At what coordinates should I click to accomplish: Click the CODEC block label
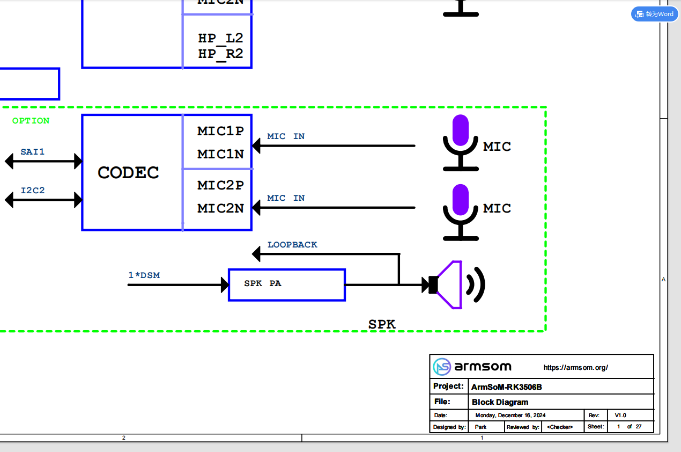point(128,173)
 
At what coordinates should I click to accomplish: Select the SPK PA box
point(286,285)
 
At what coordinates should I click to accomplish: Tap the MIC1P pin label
point(220,131)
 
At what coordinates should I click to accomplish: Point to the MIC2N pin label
point(220,208)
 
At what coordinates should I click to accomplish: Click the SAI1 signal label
point(33,152)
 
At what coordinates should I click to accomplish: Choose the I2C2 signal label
point(33,191)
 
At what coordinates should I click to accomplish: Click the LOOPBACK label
point(292,245)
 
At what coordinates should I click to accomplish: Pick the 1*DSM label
point(144,275)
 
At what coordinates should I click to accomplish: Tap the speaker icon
point(456,285)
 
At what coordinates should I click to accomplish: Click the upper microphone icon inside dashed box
point(461,143)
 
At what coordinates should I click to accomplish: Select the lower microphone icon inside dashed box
point(461,212)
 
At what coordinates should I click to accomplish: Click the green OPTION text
point(31,121)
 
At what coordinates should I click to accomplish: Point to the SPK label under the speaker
point(382,325)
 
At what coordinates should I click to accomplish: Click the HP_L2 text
point(220,38)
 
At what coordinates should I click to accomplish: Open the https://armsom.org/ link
point(575,368)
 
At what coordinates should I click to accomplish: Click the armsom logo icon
point(442,367)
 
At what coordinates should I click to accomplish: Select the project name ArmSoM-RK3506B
point(502,387)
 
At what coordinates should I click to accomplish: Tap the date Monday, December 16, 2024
point(510,415)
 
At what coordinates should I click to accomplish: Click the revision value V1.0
point(620,415)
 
